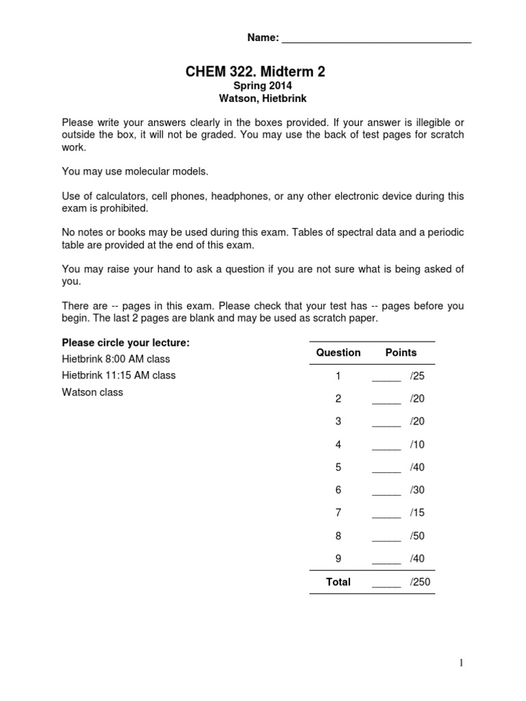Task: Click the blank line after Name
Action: click(x=377, y=40)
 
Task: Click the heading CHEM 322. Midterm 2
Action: click(x=253, y=71)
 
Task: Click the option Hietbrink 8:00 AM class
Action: click(x=116, y=359)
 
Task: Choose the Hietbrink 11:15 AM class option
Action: click(x=118, y=375)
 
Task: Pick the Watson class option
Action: click(x=92, y=392)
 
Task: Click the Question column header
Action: click(x=338, y=353)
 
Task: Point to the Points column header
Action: click(x=401, y=353)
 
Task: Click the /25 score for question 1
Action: click(x=417, y=376)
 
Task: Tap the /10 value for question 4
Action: click(x=417, y=444)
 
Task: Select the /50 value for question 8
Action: click(x=417, y=536)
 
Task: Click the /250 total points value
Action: click(x=420, y=582)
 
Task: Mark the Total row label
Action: click(x=338, y=582)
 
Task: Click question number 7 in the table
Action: click(x=338, y=513)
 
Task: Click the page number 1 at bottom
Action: click(x=462, y=663)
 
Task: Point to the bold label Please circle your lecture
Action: click(x=126, y=342)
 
